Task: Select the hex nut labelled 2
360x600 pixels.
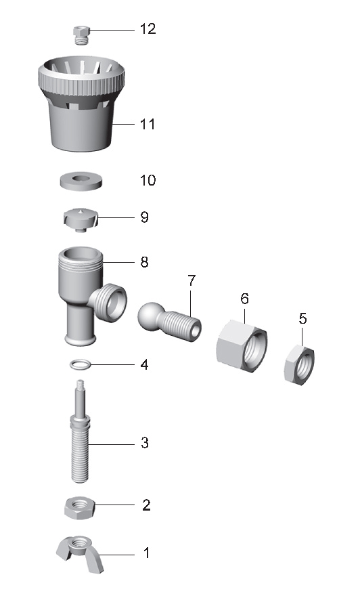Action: (x=80, y=508)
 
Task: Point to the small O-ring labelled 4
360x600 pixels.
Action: (x=81, y=364)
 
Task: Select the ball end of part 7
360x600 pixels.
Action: (x=150, y=316)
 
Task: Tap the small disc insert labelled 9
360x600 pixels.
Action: (x=81, y=219)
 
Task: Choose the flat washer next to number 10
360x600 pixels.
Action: (x=81, y=180)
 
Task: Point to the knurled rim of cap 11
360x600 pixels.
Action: (x=81, y=81)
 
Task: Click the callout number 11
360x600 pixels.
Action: (x=148, y=124)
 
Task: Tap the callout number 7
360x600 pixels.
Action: (x=192, y=280)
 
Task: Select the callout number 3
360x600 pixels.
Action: (x=144, y=443)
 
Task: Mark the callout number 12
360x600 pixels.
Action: (x=148, y=28)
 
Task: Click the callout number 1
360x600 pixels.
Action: (x=146, y=553)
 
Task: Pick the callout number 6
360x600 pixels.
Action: (x=244, y=299)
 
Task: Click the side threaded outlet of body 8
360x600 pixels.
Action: (x=108, y=302)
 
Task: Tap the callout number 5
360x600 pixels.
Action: (x=302, y=318)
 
